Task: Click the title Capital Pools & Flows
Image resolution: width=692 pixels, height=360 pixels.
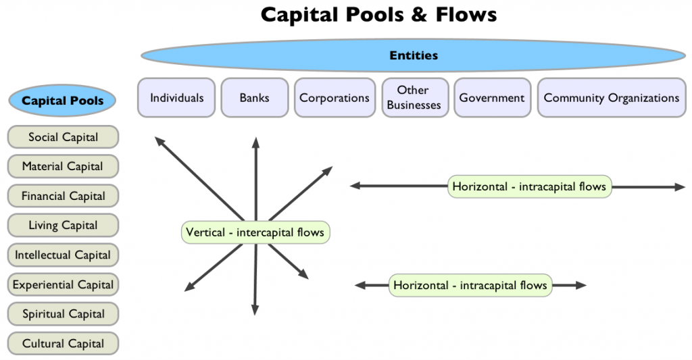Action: pos(378,15)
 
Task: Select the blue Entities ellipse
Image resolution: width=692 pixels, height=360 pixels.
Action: pos(414,55)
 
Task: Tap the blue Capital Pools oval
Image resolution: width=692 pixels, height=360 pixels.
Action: pos(63,101)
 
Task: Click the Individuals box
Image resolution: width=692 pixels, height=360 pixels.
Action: pos(176,98)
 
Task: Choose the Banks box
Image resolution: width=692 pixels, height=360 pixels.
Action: pos(254,98)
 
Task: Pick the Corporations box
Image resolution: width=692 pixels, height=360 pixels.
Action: pos(335,98)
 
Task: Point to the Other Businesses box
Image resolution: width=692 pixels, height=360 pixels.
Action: pos(414,98)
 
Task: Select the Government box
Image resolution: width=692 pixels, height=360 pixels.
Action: pos(491,98)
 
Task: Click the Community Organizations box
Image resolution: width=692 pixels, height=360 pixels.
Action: pos(611,98)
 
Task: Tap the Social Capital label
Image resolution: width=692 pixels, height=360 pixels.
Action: pos(63,137)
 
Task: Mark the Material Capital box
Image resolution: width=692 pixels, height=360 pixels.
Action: pos(63,166)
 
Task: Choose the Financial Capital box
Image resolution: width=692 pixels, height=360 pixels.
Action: pos(63,196)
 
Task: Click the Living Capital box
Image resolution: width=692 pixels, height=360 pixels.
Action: pos(63,226)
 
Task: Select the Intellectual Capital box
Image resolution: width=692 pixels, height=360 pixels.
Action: pos(63,255)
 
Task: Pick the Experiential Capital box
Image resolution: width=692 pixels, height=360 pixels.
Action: pos(63,284)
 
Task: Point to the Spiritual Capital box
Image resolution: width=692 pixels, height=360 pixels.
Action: pos(63,314)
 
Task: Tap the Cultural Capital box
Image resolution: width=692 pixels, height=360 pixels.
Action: pos(63,344)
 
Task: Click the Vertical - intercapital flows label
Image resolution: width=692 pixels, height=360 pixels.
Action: pos(255,232)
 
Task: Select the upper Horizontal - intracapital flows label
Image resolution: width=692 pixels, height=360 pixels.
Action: pos(529,186)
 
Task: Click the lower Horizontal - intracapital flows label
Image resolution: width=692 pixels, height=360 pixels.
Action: pos(470,285)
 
